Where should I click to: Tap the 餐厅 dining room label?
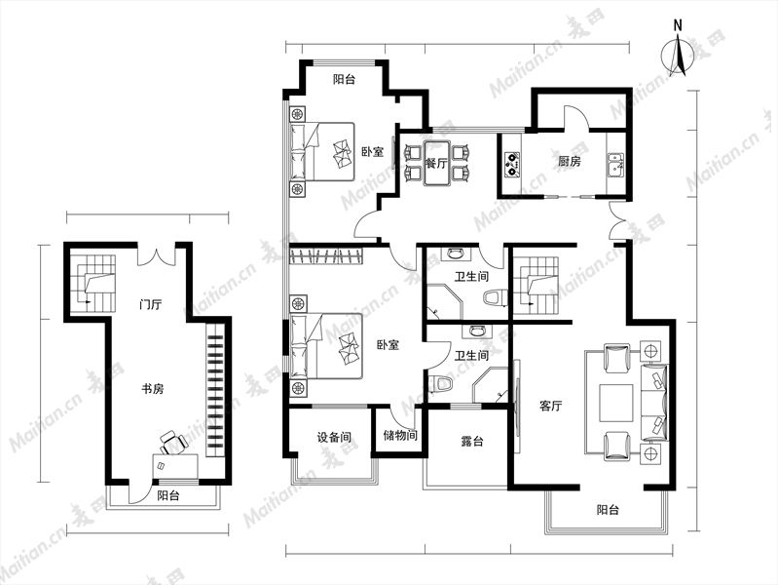(436, 163)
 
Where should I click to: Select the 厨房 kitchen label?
(569, 161)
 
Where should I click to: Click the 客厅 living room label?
(550, 406)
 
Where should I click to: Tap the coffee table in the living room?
(615, 403)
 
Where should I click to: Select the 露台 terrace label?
(472, 441)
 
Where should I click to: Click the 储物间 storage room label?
(400, 436)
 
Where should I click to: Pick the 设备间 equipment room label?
(334, 437)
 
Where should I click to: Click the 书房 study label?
(152, 388)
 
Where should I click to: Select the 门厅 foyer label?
(150, 303)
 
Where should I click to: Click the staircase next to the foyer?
(93, 284)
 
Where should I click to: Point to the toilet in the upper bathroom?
(495, 298)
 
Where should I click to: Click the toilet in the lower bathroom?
(441, 383)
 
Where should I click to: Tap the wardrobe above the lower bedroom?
(326, 256)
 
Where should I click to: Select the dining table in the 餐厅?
(436, 163)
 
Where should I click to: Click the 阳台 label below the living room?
(608, 510)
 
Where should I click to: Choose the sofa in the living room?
(654, 403)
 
